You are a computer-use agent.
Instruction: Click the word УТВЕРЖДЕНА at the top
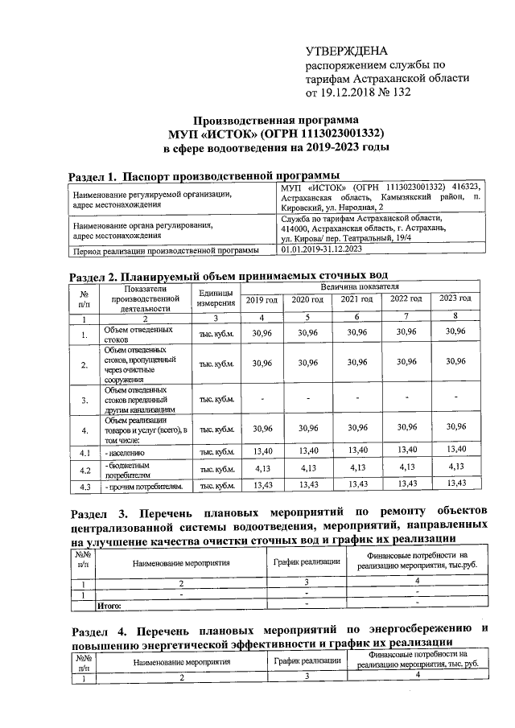pyautogui.click(x=340, y=49)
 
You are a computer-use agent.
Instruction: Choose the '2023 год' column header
pyautogui.click(x=455, y=299)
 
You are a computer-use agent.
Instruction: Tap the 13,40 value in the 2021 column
pyautogui.click(x=356, y=449)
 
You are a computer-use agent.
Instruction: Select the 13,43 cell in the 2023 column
pyautogui.click(x=455, y=484)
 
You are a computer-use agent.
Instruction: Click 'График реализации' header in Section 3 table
pyautogui.click(x=307, y=561)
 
